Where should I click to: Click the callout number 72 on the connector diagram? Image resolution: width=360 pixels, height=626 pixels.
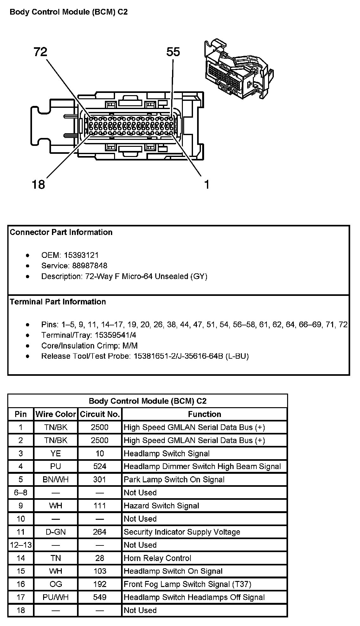40,52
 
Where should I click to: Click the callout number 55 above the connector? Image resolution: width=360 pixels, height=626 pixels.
173,52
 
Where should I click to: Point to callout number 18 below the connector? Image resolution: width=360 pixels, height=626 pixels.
39,184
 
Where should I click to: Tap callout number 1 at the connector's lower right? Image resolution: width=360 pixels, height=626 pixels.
207,184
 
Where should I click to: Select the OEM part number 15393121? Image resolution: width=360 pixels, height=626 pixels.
81,255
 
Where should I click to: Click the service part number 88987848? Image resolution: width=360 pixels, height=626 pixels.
90,266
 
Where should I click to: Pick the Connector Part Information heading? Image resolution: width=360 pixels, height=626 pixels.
61,232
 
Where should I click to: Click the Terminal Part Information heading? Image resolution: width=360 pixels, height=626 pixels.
58,302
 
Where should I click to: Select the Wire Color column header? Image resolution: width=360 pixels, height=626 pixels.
56,414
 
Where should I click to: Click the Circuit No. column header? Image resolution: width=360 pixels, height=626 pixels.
100,414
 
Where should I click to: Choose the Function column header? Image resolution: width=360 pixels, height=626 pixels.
204,414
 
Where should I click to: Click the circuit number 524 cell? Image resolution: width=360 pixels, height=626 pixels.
100,466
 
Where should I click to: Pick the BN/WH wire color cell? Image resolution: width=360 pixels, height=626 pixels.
56,479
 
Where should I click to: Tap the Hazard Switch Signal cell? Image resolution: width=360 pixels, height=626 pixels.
161,506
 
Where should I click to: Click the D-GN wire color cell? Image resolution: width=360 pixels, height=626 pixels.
56,532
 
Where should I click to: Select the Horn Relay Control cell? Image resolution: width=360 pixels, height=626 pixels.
157,558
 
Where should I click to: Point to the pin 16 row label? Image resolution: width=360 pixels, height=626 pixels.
21,584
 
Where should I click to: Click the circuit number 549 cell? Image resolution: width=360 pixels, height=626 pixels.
100,597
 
